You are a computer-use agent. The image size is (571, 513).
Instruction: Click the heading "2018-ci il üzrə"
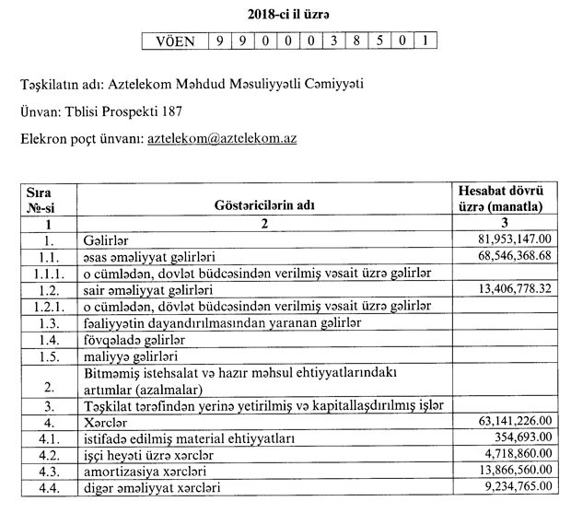[285, 13]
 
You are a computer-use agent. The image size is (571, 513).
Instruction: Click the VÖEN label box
[175, 41]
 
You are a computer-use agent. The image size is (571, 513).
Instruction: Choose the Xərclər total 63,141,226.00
[509, 420]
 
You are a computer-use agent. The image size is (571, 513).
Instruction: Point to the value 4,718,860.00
[514, 453]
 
